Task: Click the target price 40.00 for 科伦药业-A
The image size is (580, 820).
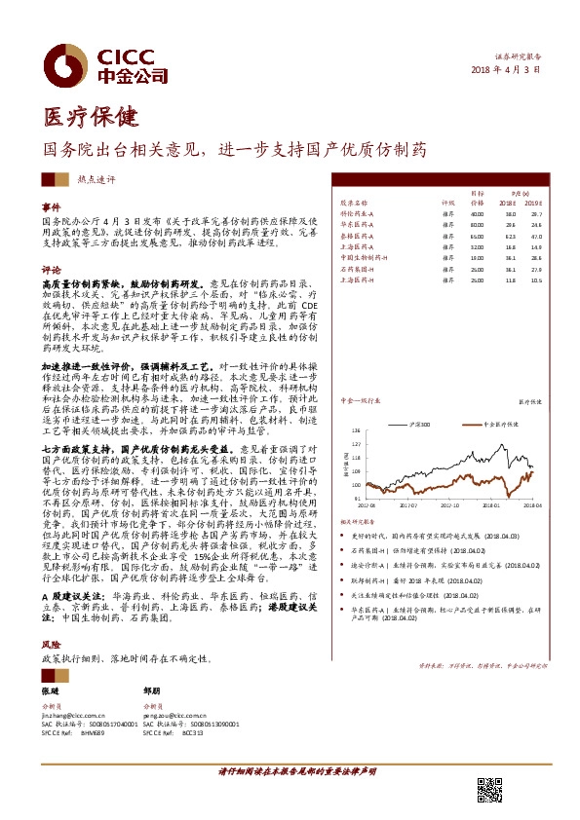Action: (x=477, y=213)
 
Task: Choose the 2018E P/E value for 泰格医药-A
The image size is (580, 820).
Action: (x=509, y=236)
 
